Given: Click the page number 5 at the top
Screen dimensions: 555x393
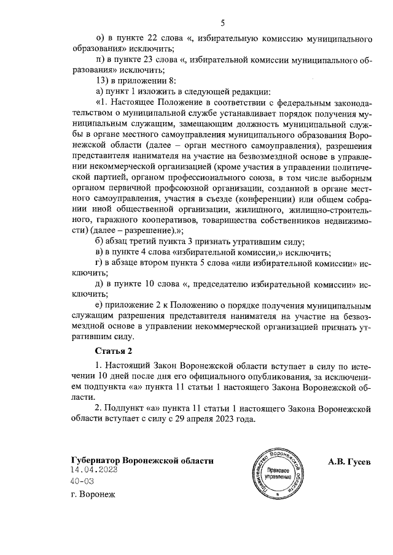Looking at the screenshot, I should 222,23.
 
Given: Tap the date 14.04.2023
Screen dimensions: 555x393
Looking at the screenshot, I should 93,470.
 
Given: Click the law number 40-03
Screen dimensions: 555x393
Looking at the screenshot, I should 82,481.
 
